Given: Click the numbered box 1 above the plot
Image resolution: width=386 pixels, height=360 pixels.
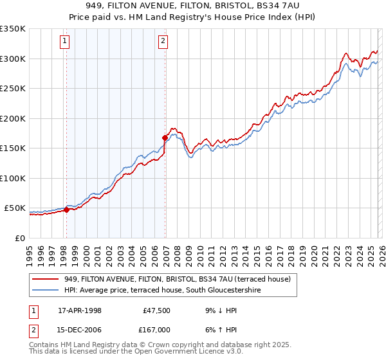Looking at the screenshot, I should click(66, 42).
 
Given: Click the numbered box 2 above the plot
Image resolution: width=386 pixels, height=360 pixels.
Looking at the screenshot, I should click(163, 42).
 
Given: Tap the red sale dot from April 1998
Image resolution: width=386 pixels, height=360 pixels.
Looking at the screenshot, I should click(66, 210).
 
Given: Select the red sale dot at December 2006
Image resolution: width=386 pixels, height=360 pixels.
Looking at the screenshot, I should click(165, 138).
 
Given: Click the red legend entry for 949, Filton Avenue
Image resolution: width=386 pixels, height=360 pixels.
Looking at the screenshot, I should click(178, 279).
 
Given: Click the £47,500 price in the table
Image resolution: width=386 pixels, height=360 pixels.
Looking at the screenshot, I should click(154, 310).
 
